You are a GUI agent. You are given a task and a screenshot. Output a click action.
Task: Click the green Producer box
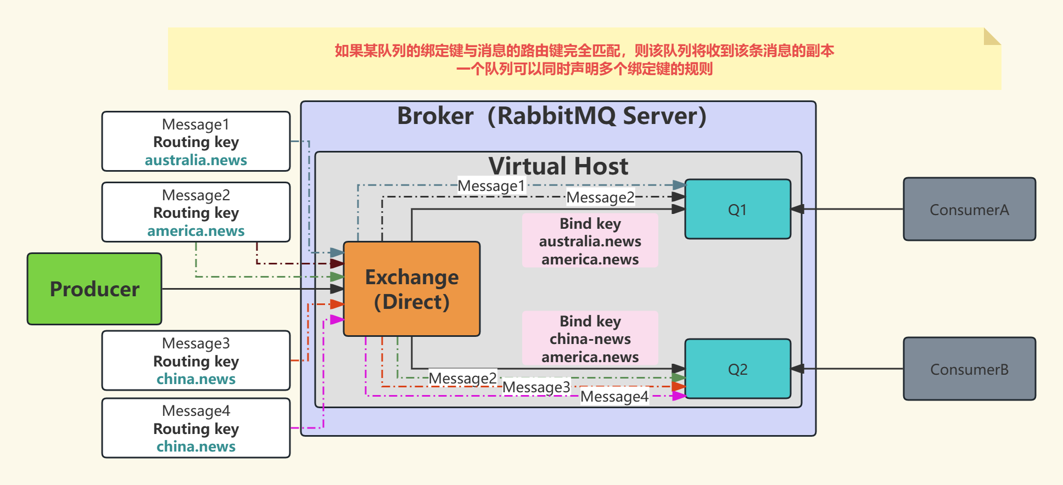coord(94,289)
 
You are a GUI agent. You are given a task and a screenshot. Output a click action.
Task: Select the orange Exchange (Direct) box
coord(412,289)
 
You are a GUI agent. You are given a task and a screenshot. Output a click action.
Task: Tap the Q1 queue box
coord(737,210)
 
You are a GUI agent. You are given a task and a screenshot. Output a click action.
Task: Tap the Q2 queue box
coord(737,369)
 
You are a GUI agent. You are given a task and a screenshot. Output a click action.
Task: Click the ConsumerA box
coord(969,210)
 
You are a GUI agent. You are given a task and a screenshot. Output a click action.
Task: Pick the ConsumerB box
coord(969,369)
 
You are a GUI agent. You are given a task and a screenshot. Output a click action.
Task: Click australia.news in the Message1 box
coord(196,160)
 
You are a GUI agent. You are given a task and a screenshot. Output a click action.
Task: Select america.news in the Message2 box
coord(196,231)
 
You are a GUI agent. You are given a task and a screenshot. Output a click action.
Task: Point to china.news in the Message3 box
coord(196,379)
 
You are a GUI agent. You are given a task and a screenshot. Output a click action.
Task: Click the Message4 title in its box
coord(196,411)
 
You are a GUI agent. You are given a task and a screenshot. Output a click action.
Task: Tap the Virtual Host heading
coord(558,166)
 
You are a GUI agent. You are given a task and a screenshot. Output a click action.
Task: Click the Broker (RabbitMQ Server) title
coord(551,116)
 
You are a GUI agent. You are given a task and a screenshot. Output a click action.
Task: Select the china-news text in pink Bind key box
coord(590,339)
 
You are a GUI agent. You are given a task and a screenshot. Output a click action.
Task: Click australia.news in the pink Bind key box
coord(590,241)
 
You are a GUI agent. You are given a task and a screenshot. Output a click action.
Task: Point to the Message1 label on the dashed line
coord(491,186)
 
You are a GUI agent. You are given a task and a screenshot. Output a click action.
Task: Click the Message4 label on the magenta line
coord(614,397)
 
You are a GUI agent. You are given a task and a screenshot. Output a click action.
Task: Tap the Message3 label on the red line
coord(536,387)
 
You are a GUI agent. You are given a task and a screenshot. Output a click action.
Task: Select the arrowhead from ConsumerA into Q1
coord(798,209)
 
